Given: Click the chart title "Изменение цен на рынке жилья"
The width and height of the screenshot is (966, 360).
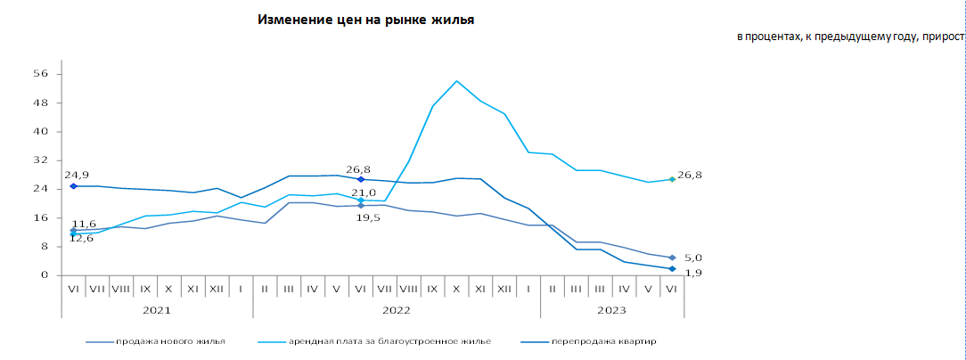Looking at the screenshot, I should point(365,20).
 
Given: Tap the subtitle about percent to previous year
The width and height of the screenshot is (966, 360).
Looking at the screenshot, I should point(850,37).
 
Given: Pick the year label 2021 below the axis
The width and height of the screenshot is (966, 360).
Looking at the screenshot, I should point(157,310).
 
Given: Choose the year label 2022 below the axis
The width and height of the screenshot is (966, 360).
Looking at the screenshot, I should point(397,310).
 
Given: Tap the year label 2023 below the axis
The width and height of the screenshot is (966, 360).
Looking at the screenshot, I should point(612,310).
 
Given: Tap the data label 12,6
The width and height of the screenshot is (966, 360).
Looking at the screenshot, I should point(82,238).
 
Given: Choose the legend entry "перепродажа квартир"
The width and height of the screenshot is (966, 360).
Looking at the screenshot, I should point(604,341).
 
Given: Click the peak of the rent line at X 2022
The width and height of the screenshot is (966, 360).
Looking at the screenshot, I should point(456,81).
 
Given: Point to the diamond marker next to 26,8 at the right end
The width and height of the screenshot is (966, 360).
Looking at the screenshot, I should point(672,179).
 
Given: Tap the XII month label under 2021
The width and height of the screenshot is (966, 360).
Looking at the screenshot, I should point(217,289).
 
